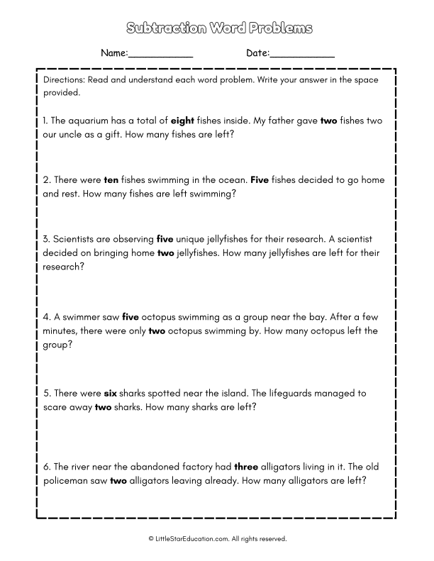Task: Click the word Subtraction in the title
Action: coord(159,28)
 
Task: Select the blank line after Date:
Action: coord(303,54)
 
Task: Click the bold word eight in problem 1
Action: coord(182,121)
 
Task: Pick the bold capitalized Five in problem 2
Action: coord(260,180)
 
